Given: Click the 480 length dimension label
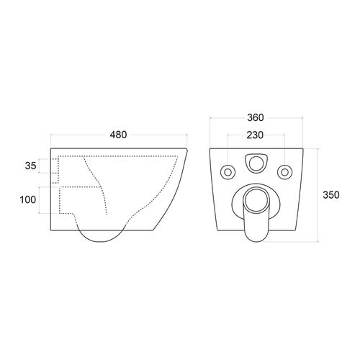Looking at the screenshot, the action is click(118, 135).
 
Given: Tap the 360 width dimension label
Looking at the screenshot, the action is click(256, 117).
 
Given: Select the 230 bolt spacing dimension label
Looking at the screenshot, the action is click(255, 135).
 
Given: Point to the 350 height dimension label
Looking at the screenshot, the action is click(331, 195).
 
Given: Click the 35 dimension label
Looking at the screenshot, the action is click(31, 166).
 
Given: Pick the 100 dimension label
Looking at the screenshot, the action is click(28, 199).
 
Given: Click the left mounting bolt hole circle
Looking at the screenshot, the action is click(228, 172).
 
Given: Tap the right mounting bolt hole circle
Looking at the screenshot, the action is click(285, 172).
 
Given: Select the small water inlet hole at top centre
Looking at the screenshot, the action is click(256, 163).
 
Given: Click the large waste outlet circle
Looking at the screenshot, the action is click(256, 197).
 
